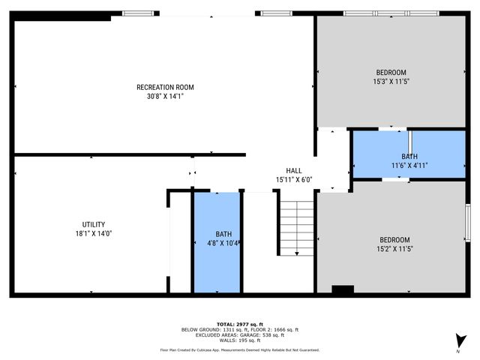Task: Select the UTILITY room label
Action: [94, 224]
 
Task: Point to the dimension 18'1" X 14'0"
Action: [94, 233]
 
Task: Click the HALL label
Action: [293, 170]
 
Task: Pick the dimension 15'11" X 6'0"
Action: [293, 179]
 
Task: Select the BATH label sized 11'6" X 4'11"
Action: [409, 156]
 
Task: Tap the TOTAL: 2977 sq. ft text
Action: [240, 324]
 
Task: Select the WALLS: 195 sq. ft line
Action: [240, 340]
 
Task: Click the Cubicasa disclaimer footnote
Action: [240, 349]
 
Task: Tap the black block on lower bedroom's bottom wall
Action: [343, 290]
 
